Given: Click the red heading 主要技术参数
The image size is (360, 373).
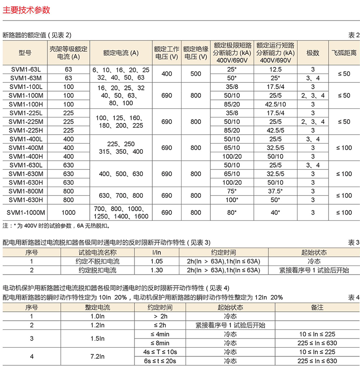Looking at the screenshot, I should pyautogui.click(x=26, y=10).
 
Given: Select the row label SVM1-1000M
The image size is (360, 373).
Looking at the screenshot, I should pyautogui.click(x=26, y=213).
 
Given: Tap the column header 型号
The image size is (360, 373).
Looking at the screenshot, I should pyautogui.click(x=25, y=53).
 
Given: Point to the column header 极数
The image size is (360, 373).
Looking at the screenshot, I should pyautogui.click(x=313, y=53).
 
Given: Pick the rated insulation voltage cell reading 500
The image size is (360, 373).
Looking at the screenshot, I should pyautogui.click(x=195, y=74).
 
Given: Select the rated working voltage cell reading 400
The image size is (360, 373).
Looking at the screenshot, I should pyautogui.click(x=167, y=74).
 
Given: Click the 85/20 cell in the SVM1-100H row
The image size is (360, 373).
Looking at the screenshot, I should pyautogui.click(x=232, y=104).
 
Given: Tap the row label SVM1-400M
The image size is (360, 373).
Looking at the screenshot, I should pyautogui.click(x=26, y=148).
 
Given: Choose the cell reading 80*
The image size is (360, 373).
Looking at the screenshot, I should pyautogui.click(x=232, y=213).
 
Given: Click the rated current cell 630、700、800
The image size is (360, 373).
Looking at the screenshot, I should pyautogui.click(x=121, y=195).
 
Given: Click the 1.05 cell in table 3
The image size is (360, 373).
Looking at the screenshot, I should pyautogui.click(x=157, y=262).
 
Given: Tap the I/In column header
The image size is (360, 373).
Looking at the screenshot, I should pyautogui.click(x=157, y=252).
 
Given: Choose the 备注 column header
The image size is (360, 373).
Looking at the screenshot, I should pyautogui.click(x=317, y=307).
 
